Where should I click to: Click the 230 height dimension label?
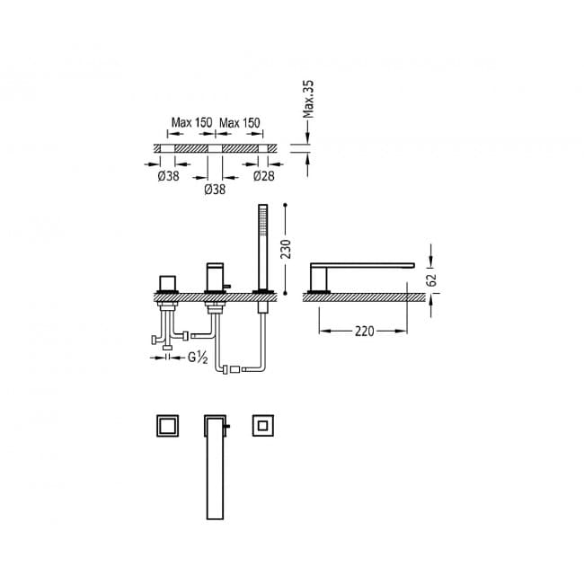(286, 249)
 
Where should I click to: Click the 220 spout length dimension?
(364, 332)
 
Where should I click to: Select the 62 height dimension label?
(432, 279)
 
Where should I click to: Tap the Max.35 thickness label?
(308, 99)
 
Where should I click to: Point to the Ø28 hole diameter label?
(263, 176)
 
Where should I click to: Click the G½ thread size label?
(198, 358)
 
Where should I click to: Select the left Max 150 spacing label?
(191, 122)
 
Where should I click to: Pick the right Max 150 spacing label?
(240, 122)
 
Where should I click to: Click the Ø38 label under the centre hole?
(215, 190)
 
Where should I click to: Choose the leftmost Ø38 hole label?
(168, 176)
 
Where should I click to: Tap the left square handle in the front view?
(167, 283)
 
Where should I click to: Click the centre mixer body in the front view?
(216, 277)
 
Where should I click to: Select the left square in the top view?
(167, 425)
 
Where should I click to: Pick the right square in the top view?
(263, 425)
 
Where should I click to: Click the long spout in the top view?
(216, 467)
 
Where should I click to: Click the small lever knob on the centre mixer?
(227, 287)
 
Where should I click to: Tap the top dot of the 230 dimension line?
(286, 205)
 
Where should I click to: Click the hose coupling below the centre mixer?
(235, 369)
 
